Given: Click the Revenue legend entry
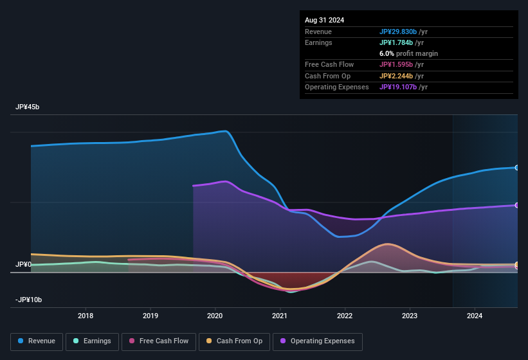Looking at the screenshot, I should [x=37, y=341].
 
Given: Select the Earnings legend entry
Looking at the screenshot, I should [x=92, y=341].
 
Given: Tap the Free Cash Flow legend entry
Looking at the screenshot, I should [x=159, y=341].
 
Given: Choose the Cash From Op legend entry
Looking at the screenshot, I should [x=234, y=341].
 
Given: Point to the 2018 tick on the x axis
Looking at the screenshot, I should [x=86, y=316].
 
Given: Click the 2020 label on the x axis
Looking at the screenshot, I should [x=215, y=316].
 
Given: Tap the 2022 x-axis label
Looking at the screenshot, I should [x=345, y=316].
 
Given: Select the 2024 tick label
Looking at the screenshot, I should [x=475, y=316].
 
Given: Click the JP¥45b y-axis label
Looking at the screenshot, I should [x=28, y=107].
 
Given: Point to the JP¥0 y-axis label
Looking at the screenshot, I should [x=23, y=264].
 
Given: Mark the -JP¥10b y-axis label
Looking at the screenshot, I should [x=29, y=300].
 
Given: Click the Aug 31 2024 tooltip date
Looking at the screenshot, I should [x=325, y=20].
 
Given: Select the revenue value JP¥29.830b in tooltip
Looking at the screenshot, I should [x=402, y=32].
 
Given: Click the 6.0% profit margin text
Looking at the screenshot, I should [x=408, y=53].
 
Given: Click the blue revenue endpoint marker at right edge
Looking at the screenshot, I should [x=517, y=168].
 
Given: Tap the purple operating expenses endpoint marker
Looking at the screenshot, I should [x=517, y=205].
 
